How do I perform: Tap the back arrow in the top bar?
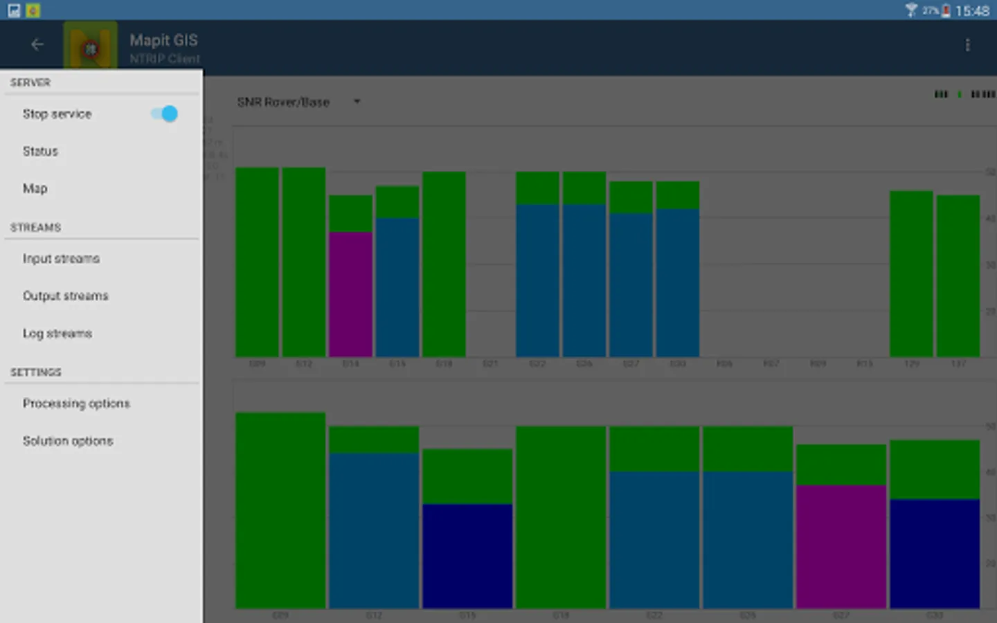coord(37,45)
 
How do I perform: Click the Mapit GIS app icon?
coord(90,47)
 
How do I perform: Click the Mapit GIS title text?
coord(163,40)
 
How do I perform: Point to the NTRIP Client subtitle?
coord(165,59)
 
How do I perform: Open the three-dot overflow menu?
coord(967,46)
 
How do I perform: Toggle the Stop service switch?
coord(165,114)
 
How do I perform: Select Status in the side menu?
coord(40,151)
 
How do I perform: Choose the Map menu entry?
coord(35,188)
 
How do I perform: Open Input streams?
coord(61,259)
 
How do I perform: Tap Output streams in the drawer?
coord(66,296)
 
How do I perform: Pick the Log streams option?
coord(57,334)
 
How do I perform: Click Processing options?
coord(76,404)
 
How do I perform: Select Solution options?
coord(68,441)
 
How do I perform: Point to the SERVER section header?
coord(30,82)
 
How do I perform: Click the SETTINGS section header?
coord(36,372)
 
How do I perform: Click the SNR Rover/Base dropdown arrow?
coord(357,102)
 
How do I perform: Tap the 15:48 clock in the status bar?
coord(972,11)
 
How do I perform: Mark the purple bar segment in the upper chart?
coord(350,294)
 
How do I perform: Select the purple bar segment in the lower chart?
coord(841,547)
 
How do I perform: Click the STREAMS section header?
coord(36,228)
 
